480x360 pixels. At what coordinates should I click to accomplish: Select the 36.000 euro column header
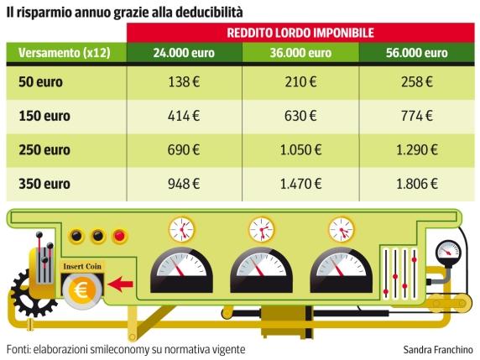(300, 51)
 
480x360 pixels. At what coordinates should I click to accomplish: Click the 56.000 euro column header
(416, 51)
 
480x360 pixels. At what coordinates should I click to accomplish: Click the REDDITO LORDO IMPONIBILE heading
(300, 32)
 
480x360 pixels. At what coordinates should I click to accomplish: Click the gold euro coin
(82, 290)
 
